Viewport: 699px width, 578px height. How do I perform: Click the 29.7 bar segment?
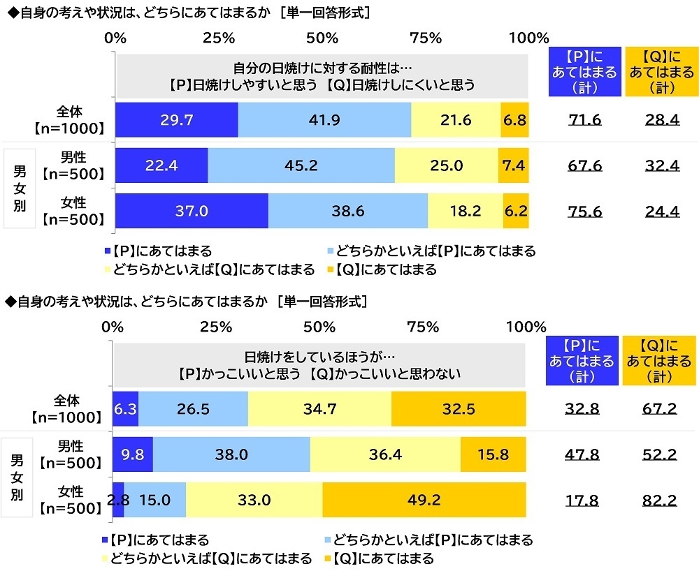point(175,120)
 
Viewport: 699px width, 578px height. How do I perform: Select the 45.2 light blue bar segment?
point(301,165)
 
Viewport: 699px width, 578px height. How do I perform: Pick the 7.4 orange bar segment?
point(514,165)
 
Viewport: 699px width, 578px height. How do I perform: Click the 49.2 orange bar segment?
point(424,500)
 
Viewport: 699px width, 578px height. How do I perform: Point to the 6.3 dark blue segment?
point(125,409)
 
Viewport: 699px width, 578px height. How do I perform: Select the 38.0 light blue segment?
point(231,454)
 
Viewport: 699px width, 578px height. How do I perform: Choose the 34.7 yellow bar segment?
point(319,409)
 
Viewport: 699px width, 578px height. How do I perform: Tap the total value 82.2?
point(660,500)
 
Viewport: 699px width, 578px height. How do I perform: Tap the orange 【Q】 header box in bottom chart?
point(660,360)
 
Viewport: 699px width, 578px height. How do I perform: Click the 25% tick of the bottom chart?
point(216,326)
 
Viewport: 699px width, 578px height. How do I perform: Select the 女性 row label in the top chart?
point(71,211)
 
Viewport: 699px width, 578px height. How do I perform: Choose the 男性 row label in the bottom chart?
point(70,454)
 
